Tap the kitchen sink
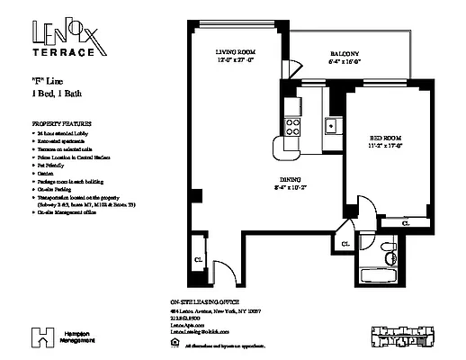coord(331,125)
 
